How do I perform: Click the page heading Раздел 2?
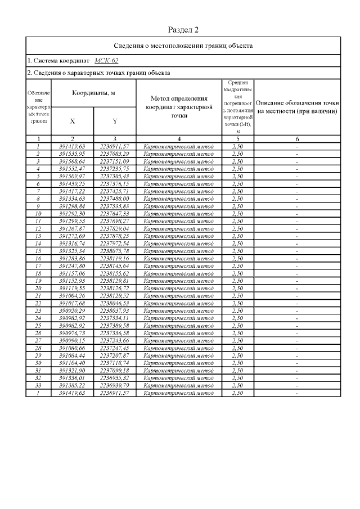pos(184,29)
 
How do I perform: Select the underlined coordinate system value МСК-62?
pos(106,60)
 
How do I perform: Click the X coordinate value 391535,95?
pos(73,154)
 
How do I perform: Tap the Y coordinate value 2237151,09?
pos(114,161)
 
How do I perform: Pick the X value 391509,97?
pos(73,176)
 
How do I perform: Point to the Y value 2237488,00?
pos(114,199)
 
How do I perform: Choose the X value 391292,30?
pos(73,214)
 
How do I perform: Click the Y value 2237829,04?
pos(114,228)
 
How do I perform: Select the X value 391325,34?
pos(73,251)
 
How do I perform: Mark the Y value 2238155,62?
pos(114,273)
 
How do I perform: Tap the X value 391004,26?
pos(73,296)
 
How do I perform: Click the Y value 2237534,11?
pos(114,318)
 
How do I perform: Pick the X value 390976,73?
pos(73,334)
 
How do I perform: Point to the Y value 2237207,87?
pos(114,356)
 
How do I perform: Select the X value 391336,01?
pos(73,379)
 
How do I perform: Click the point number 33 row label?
pos(38,386)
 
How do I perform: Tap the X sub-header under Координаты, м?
pos(73,121)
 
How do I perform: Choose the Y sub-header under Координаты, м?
pos(114,121)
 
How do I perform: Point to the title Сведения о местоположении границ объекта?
pos(183,45)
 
